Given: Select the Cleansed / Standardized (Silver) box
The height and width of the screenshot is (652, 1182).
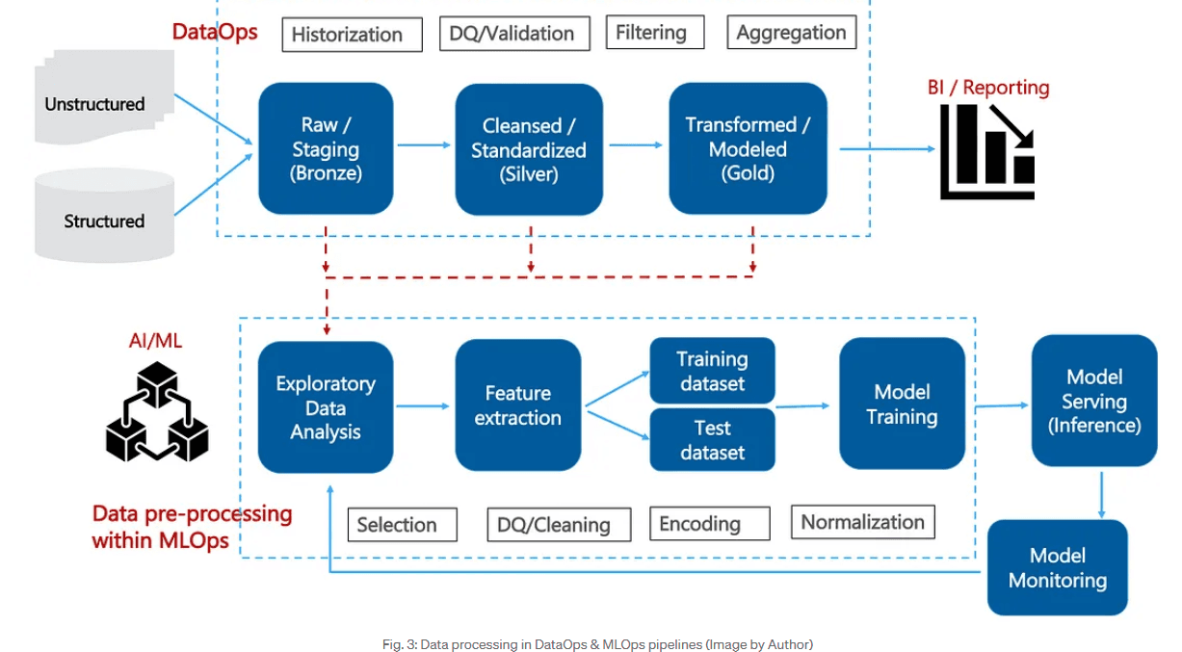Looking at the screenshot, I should tap(529, 149).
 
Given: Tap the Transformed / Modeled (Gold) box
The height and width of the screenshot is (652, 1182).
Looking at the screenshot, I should tap(748, 148).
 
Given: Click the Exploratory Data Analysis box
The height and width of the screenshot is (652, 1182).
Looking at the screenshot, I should tap(326, 407).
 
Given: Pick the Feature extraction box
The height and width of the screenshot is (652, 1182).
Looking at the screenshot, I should tap(518, 405).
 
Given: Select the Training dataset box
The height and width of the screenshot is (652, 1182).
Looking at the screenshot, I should tap(712, 371).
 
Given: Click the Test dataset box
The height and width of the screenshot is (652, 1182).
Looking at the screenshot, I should tap(712, 440).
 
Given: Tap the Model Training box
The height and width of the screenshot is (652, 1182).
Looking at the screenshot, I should tap(902, 404).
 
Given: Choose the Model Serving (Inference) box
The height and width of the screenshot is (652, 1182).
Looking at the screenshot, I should tap(1093, 401).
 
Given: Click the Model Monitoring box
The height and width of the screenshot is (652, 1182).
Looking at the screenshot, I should tap(1057, 567).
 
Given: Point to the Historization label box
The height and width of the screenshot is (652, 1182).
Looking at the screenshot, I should tap(352, 35).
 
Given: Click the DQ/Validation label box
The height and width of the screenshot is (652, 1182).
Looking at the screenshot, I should tap(512, 34).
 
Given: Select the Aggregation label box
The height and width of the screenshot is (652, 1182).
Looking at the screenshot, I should tap(791, 33).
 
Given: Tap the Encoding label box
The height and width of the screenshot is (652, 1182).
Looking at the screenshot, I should tap(709, 524).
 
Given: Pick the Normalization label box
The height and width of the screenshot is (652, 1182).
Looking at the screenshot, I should tap(862, 522).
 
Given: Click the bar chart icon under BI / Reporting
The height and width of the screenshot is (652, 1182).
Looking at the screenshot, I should tap(987, 151).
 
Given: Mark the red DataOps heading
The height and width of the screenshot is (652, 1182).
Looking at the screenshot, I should tap(215, 31).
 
